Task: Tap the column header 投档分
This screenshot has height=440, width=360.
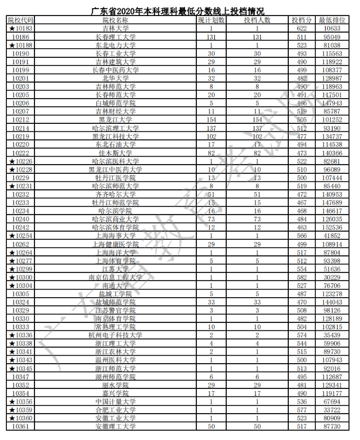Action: pos(302,20)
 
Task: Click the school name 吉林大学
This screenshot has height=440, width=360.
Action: pos(115,28)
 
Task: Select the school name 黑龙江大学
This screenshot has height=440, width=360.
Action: pos(115,120)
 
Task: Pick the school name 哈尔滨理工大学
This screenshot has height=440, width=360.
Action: pos(115,129)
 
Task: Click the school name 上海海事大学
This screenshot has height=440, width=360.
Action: pos(115,236)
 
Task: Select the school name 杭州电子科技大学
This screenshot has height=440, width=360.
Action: pos(115,335)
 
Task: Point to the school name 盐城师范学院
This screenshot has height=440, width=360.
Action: pos(115,302)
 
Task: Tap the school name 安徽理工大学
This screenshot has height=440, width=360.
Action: pos(115,426)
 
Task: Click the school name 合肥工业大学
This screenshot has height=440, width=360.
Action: pos(115,410)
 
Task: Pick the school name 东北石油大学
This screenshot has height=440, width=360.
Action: pos(115,145)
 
